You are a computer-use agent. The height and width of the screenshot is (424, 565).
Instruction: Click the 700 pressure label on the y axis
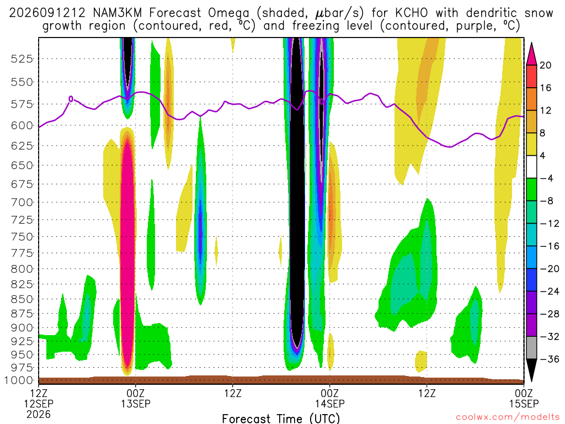[x=22, y=202]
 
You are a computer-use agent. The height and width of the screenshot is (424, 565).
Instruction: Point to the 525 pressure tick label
[x=22, y=59]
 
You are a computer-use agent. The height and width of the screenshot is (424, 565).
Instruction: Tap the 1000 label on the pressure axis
[x=18, y=380]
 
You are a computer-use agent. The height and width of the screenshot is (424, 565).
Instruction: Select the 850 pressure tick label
[x=22, y=299]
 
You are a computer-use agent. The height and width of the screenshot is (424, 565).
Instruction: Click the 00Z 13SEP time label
[x=136, y=398]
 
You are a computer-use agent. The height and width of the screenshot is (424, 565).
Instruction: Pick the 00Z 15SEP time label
[x=524, y=398]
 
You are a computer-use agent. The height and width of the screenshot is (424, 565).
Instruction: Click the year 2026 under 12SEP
[x=39, y=414]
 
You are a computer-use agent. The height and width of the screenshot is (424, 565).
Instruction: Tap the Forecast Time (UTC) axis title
[x=281, y=418]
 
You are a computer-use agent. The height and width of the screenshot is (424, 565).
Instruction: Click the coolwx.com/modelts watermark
[x=508, y=417]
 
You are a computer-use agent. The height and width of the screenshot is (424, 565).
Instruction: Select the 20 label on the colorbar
[x=546, y=65]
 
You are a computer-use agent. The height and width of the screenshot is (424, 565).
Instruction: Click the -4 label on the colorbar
[x=546, y=178]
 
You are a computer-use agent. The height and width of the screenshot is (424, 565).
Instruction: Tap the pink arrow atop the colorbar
[x=531, y=54]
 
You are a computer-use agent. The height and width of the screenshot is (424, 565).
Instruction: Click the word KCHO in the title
[x=412, y=13]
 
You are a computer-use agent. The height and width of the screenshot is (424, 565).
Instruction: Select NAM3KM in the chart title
[x=117, y=13]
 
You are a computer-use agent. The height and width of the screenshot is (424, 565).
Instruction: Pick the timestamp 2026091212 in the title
[x=47, y=13]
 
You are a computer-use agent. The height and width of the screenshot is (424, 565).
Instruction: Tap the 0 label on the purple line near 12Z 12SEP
[x=71, y=99]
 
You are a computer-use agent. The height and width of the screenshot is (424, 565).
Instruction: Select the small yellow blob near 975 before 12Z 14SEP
[x=421, y=361]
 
